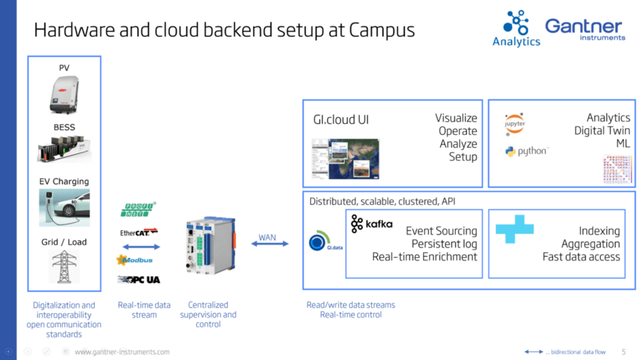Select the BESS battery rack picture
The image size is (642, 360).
(x=64, y=150)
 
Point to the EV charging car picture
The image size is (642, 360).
(x=64, y=207)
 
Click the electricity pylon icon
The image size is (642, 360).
(x=64, y=267)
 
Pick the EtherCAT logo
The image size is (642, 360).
(x=138, y=232)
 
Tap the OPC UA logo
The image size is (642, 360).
(x=138, y=279)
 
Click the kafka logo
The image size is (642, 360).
(x=372, y=225)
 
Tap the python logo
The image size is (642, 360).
(x=526, y=151)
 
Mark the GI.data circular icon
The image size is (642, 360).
(x=318, y=243)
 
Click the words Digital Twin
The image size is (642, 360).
(x=602, y=130)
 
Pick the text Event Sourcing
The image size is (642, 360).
(x=442, y=231)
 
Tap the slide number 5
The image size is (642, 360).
(x=623, y=351)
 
